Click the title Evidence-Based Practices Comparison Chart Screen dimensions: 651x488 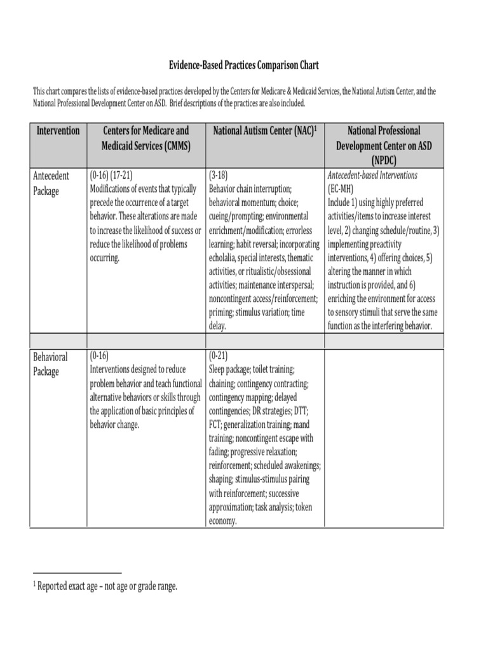pos(243,65)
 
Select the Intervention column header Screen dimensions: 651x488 pos(58,131)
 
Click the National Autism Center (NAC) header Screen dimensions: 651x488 pos(264,131)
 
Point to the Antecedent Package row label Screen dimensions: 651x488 pos(51,183)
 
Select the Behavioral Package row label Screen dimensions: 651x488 pos(51,364)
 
